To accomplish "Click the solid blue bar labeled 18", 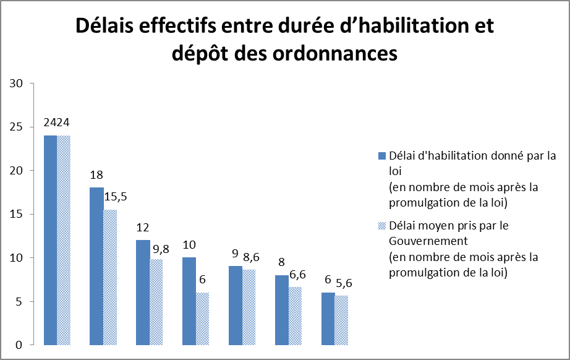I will (x=96, y=266).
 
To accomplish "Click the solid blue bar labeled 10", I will (x=189, y=301).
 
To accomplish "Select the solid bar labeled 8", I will (x=282, y=310).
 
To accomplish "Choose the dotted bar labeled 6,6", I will (x=295, y=315).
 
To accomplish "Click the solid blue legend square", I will (x=383, y=154).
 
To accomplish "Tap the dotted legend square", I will (x=383, y=225).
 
